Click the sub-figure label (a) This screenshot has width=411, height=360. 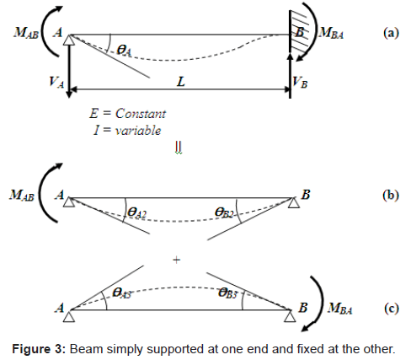pos(391,33)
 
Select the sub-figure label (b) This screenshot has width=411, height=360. pos(391,195)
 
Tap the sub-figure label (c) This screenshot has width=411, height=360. pos(392,309)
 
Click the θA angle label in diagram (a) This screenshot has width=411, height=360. pos(124,51)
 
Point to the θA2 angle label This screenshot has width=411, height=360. pos(136,212)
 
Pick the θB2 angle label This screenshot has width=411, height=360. pos(224,212)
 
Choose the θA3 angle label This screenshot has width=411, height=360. pos(121,293)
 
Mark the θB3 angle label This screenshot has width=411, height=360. pos(228,293)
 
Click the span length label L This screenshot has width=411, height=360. pos(181,82)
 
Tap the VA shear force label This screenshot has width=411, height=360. pos(56,82)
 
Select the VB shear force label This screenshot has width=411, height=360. pos(300,82)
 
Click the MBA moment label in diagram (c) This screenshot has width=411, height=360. pos(339,308)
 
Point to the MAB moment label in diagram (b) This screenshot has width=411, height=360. pos(22,195)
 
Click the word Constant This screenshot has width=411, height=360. pos(141,114)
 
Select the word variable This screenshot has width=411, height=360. pos(138,131)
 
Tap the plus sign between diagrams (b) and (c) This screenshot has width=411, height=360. pos(176,260)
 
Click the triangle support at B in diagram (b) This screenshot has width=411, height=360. pos(294,202)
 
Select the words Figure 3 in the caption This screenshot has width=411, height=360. pos(39,349)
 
